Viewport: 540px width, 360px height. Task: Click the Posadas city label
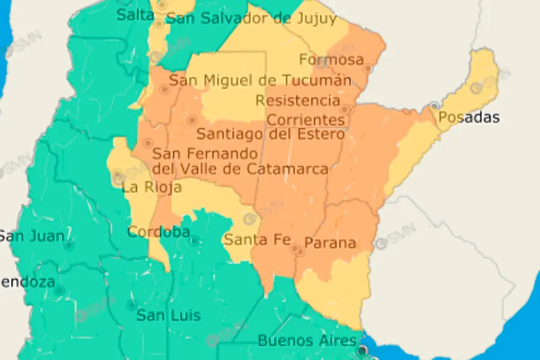(469, 117)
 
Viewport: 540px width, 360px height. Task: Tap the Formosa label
(331, 59)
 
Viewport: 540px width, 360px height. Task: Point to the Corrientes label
(305, 119)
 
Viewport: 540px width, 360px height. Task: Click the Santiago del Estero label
(271, 133)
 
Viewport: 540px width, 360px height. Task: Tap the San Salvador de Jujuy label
(251, 18)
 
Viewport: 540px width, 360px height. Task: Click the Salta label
(135, 15)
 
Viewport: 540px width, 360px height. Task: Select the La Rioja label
(151, 187)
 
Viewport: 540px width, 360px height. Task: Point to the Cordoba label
(158, 232)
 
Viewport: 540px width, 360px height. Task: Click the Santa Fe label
(253, 239)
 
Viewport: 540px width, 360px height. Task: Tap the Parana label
(330, 244)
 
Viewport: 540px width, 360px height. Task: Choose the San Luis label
(169, 315)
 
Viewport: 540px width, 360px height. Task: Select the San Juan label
(31, 236)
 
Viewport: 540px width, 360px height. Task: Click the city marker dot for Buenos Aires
(362, 350)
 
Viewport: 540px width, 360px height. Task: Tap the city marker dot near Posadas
(434, 106)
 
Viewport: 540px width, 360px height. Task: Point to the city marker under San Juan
(69, 245)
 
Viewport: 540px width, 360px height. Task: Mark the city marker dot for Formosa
(368, 69)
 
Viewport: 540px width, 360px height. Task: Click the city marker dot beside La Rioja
(118, 176)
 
